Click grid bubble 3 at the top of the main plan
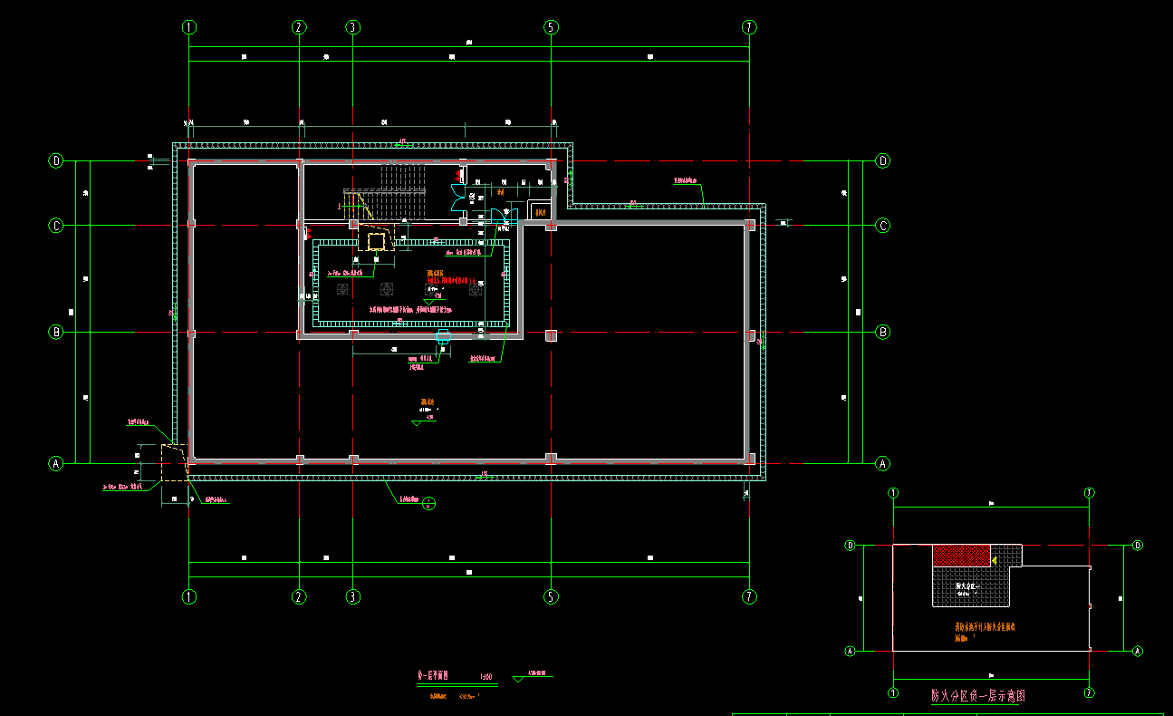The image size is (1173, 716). click(352, 27)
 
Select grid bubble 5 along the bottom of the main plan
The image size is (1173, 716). click(551, 596)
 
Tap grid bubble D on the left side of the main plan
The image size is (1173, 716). click(56, 161)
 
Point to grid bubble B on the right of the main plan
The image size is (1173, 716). click(883, 333)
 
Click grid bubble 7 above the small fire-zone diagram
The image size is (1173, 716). click(1090, 492)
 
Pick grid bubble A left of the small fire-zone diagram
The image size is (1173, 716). click(851, 651)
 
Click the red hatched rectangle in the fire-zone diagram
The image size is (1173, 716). click(962, 556)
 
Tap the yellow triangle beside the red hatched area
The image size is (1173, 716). click(994, 561)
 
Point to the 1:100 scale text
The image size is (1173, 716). click(486, 676)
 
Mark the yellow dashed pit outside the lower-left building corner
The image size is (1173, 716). click(174, 462)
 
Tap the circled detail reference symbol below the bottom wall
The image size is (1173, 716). click(429, 504)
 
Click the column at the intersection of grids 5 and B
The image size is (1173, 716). click(551, 335)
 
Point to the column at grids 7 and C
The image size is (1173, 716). click(749, 225)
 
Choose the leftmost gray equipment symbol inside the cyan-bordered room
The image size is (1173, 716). click(342, 289)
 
